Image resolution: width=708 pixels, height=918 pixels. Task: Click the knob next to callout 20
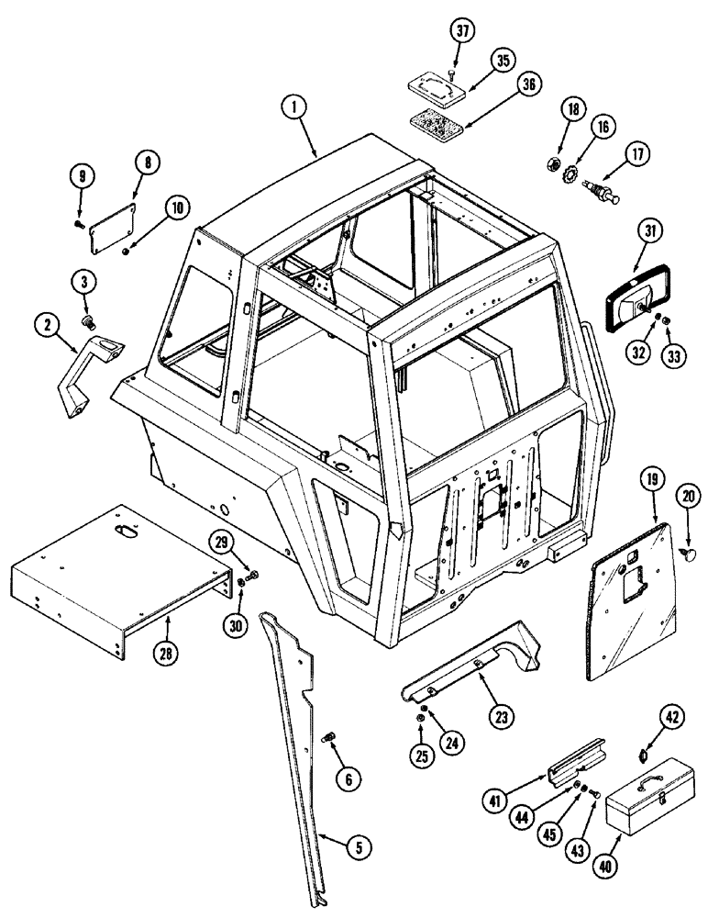point(691,554)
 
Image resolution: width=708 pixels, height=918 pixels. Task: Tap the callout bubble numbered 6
point(348,780)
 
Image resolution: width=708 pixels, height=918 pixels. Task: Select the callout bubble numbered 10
point(177,208)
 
